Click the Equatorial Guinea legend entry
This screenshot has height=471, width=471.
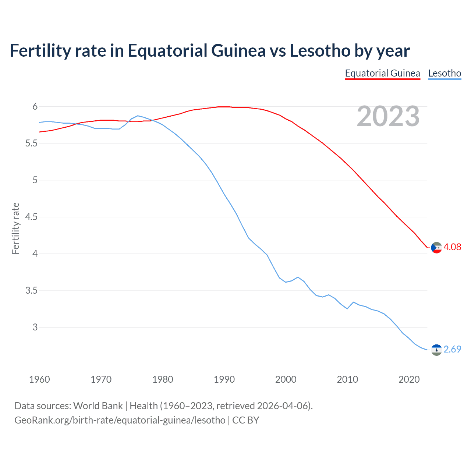click(382, 73)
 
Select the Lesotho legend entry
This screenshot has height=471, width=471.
click(445, 73)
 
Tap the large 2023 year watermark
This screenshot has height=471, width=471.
click(388, 116)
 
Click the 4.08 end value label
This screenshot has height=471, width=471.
click(452, 247)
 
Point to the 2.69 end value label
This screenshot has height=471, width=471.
click(452, 349)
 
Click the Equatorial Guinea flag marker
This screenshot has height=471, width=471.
click(436, 248)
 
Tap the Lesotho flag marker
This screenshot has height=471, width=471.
click(436, 350)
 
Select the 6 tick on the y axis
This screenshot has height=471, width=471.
click(35, 107)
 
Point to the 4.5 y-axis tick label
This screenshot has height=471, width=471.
click(31, 217)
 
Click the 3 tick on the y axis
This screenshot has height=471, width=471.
click(35, 327)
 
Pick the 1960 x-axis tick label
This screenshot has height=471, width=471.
click(39, 379)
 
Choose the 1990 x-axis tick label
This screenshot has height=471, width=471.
click(224, 379)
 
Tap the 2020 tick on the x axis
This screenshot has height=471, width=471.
click(409, 379)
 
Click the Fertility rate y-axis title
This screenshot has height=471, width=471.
click(15, 228)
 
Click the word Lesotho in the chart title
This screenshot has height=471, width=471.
click(320, 51)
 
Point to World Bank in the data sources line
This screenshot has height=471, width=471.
click(98, 406)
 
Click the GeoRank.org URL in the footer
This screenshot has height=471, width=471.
click(120, 420)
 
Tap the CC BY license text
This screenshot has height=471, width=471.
click(246, 420)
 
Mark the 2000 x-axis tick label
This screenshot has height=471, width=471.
click(286, 379)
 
